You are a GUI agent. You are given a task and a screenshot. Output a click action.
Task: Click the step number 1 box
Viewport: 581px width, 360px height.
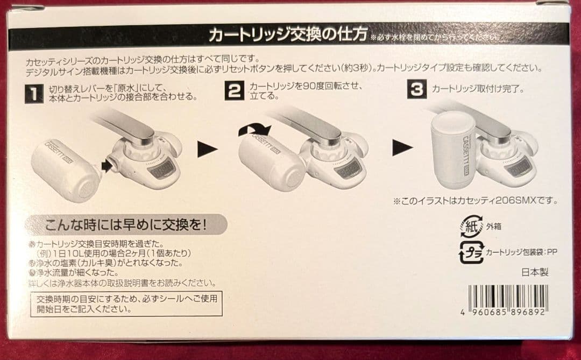pos(34,95)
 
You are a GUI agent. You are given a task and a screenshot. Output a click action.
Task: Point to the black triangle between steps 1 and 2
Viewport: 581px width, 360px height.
pos(207,149)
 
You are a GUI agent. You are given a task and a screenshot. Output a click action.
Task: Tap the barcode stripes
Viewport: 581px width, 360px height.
pos(507,295)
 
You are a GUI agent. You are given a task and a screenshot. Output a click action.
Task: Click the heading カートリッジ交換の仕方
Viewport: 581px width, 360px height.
pos(288,37)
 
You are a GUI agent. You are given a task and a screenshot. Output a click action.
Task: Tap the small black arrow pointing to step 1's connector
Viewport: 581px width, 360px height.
pos(106,166)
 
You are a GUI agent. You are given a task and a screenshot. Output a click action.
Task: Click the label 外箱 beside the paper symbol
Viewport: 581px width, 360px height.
pos(494,227)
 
